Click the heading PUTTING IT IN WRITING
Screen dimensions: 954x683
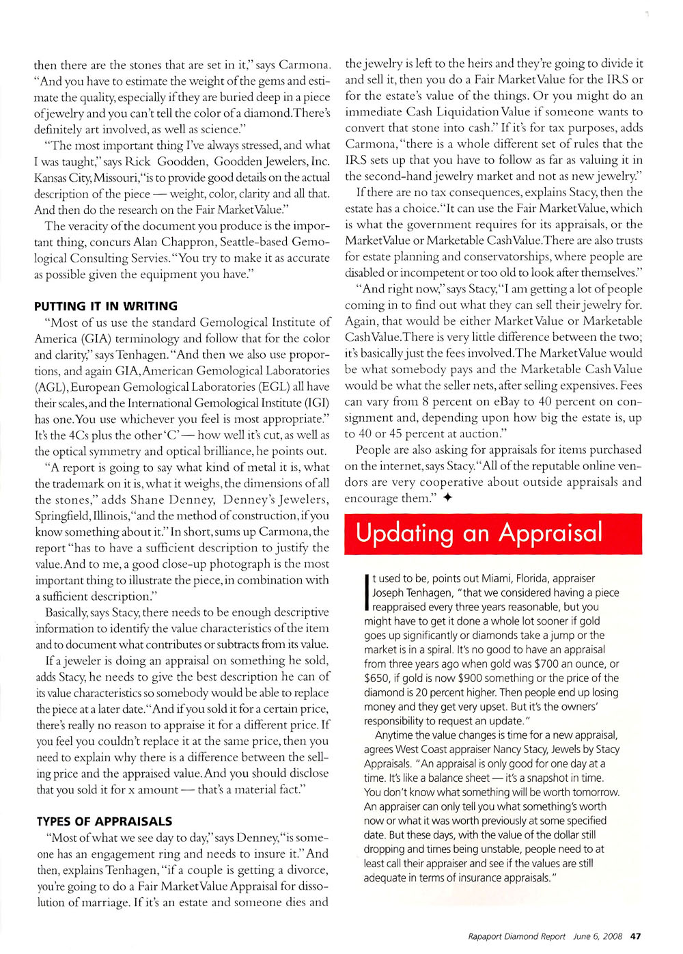pyautogui.click(x=106, y=306)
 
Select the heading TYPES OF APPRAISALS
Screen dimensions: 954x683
pyautogui.click(x=104, y=821)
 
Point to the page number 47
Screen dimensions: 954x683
pyautogui.click(x=635, y=936)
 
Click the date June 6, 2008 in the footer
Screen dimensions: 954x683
pyautogui.click(x=598, y=936)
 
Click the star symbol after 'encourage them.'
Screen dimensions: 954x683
pyautogui.click(x=447, y=498)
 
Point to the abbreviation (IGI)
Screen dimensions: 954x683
pyautogui.click(x=311, y=403)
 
